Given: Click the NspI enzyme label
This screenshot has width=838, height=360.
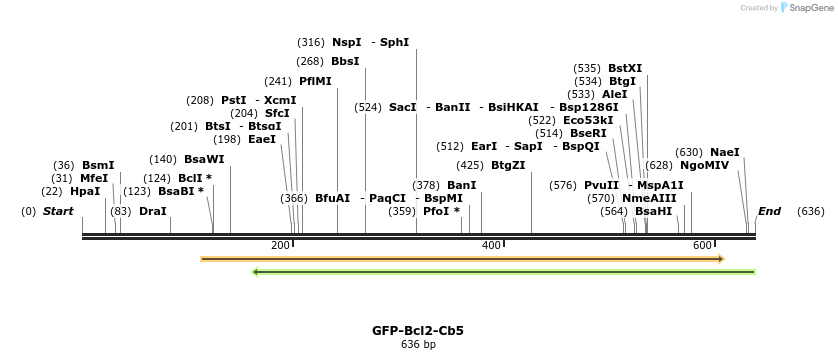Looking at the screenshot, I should tap(347, 42).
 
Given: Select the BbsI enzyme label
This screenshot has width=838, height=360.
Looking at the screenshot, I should tap(345, 61).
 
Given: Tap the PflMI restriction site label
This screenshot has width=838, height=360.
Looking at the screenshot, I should tap(315, 81).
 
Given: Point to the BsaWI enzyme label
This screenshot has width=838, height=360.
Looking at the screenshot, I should tap(204, 159).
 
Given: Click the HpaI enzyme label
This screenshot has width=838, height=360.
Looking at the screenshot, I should tap(85, 191).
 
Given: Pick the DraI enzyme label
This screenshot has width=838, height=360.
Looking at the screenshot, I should tap(153, 211).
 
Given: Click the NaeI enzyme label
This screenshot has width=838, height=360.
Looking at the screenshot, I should tap(725, 152).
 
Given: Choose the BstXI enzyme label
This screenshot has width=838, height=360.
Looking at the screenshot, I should tap(625, 68).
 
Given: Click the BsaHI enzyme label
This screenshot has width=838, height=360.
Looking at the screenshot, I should tap(654, 211).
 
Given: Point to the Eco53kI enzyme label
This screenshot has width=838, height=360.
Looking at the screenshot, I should tap(588, 120).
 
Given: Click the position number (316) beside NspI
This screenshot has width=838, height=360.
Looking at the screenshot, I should tap(311, 42).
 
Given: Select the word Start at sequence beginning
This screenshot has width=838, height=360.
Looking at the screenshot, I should tap(58, 211).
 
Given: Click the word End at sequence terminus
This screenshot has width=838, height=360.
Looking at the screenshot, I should tap(769, 211).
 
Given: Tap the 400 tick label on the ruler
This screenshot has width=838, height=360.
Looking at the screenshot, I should tap(491, 245).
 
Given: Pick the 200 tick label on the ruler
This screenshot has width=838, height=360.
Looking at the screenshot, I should tap(280, 245).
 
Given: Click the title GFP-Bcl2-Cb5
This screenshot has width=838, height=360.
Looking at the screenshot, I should tap(418, 330).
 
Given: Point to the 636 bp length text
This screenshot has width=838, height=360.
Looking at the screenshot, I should tap(418, 345).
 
